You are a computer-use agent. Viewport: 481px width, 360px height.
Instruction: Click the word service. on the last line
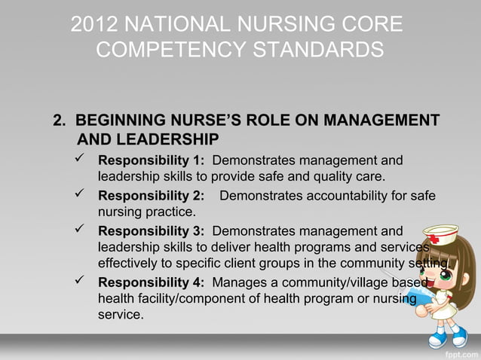(x=121, y=314)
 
